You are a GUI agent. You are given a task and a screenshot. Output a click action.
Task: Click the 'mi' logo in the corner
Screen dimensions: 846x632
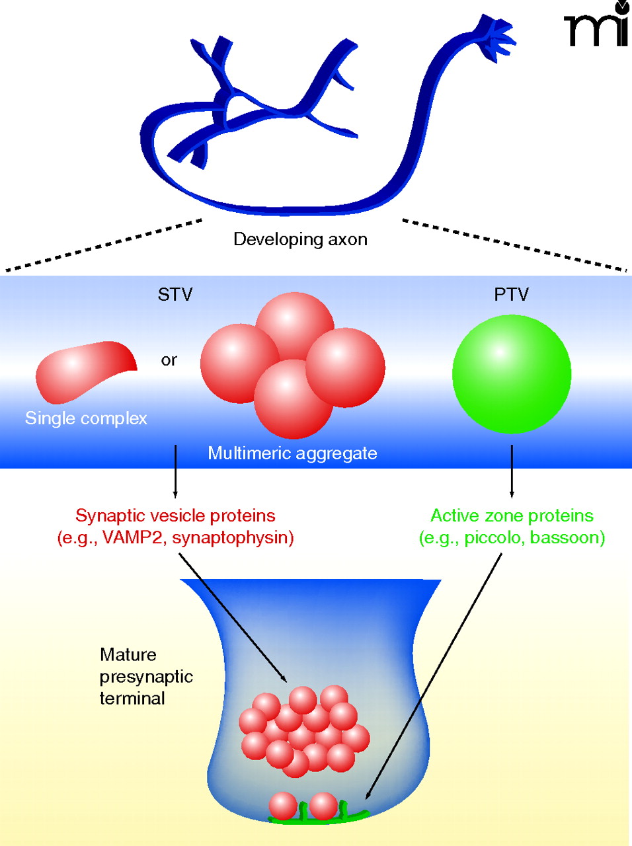[597, 26]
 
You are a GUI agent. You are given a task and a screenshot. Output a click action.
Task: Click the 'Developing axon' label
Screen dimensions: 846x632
[300, 239]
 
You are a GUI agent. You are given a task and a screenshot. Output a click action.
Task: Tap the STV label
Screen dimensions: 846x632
[175, 294]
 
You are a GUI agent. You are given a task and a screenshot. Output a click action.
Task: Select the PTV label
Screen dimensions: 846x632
[511, 294]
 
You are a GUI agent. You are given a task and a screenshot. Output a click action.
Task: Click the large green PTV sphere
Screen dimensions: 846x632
[511, 374]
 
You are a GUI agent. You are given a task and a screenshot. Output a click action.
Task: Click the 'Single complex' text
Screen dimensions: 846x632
[86, 418]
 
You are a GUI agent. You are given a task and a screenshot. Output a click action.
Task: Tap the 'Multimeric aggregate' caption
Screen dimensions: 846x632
[292, 453]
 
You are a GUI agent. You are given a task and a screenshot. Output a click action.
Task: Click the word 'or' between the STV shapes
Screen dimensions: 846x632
[169, 360]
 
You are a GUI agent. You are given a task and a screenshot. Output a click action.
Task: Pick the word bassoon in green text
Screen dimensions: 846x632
[564, 537]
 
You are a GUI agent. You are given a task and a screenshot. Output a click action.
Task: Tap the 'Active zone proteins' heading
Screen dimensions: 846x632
[512, 516]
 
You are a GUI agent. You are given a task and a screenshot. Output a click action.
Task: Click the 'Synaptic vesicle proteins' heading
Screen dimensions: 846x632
[175, 516]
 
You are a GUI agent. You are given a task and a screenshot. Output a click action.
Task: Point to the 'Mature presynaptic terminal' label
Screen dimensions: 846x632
[145, 676]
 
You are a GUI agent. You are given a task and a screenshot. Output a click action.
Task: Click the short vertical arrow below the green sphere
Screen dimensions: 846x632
[511, 471]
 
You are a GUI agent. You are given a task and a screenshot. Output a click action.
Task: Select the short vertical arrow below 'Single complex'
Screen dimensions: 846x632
[175, 471]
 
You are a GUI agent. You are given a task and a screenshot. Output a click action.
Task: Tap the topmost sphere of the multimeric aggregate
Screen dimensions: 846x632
[294, 324]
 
